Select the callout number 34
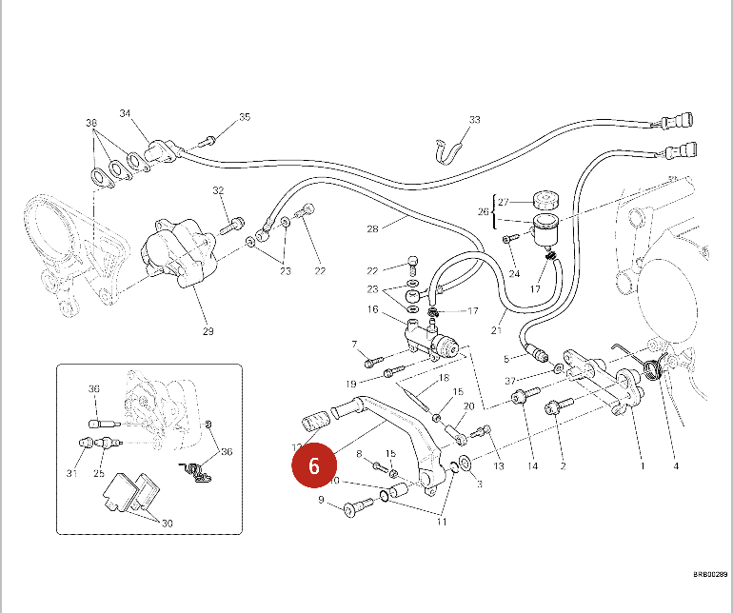[125, 114]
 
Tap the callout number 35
[245, 117]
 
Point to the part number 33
[475, 120]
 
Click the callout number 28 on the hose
[372, 228]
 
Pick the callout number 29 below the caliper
[208, 331]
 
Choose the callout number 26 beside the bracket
[483, 211]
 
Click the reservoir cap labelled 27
[545, 200]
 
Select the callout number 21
[496, 331]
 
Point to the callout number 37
[511, 382]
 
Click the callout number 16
[373, 309]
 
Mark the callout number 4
[675, 466]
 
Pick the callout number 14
[533, 466]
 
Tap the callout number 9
[321, 500]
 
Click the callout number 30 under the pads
[167, 524]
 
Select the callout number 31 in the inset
[70, 474]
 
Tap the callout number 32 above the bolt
[218, 191]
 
